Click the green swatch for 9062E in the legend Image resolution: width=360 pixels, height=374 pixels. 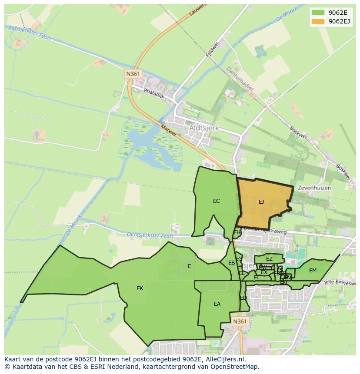click(x=318, y=13)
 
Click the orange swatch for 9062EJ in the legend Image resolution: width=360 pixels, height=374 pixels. click(x=318, y=21)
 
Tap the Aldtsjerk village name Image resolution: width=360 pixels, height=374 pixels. click(x=203, y=129)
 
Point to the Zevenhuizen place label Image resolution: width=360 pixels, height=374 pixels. click(x=314, y=188)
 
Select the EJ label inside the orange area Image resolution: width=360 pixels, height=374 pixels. click(x=261, y=202)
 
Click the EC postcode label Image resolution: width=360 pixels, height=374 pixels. click(x=217, y=201)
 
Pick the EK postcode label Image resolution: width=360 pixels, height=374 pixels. click(x=140, y=288)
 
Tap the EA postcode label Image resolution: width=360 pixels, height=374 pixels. click(x=217, y=304)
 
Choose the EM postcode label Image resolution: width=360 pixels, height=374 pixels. click(x=313, y=271)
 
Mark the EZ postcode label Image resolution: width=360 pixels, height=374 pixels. click(x=269, y=259)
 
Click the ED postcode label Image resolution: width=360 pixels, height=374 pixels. click(x=243, y=298)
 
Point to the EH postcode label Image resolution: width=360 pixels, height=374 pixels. click(x=237, y=232)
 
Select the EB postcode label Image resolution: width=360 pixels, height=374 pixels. click(x=232, y=263)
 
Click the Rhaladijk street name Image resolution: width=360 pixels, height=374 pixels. click(x=154, y=93)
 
